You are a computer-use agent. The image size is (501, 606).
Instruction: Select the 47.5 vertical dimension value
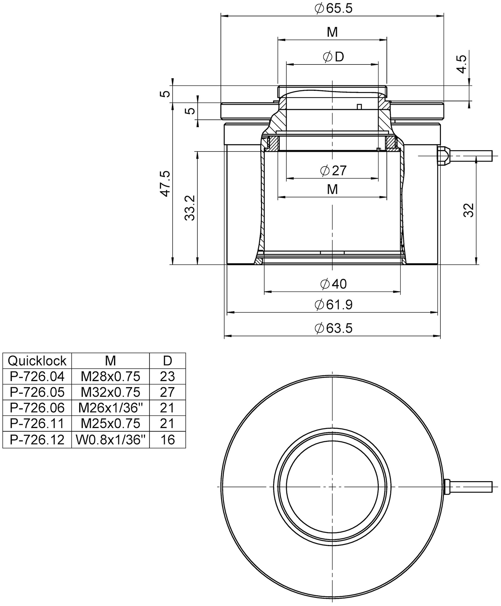click(x=166, y=184)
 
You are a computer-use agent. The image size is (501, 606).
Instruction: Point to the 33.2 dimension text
click(x=190, y=208)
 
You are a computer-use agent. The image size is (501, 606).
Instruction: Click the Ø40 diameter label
click(x=333, y=284)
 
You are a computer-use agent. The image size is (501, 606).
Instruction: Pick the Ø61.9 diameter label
click(x=333, y=305)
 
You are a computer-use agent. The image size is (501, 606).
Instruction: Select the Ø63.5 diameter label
click(x=333, y=328)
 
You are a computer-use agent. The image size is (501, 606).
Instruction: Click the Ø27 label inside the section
click(x=333, y=170)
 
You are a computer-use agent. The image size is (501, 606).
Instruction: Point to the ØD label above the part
click(x=333, y=57)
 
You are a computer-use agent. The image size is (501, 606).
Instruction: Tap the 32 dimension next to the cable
click(x=468, y=210)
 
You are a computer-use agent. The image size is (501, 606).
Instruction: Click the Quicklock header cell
click(x=37, y=361)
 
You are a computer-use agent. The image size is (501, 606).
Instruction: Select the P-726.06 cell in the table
click(x=37, y=408)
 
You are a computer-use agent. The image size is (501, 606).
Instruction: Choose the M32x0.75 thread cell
click(x=110, y=392)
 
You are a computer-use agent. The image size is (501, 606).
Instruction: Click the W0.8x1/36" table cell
click(x=110, y=440)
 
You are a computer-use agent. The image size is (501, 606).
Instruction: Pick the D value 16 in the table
click(x=168, y=440)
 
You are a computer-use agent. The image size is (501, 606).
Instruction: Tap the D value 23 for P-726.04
click(x=168, y=376)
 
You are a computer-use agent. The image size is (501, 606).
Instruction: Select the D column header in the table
click(x=168, y=361)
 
